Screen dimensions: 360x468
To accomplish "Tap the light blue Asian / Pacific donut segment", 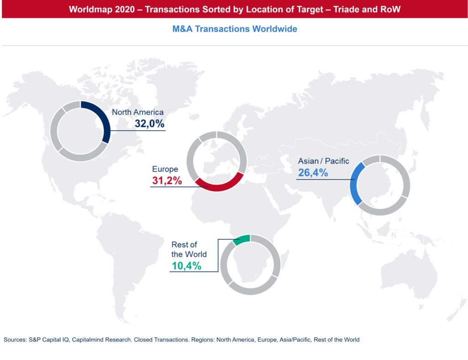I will (x=356, y=185).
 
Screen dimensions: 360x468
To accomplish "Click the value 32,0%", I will (x=149, y=123).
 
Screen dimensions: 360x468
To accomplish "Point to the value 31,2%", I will (x=167, y=181).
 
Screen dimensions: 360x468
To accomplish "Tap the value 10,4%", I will (x=186, y=266).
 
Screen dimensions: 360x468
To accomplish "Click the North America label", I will (x=138, y=112).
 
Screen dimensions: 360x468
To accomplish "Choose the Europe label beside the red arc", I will (x=165, y=169).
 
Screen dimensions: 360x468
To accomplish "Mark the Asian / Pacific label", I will (x=324, y=161).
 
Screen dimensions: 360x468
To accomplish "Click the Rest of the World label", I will (x=188, y=249).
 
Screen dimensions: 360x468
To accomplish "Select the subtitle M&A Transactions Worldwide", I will (x=234, y=29).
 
